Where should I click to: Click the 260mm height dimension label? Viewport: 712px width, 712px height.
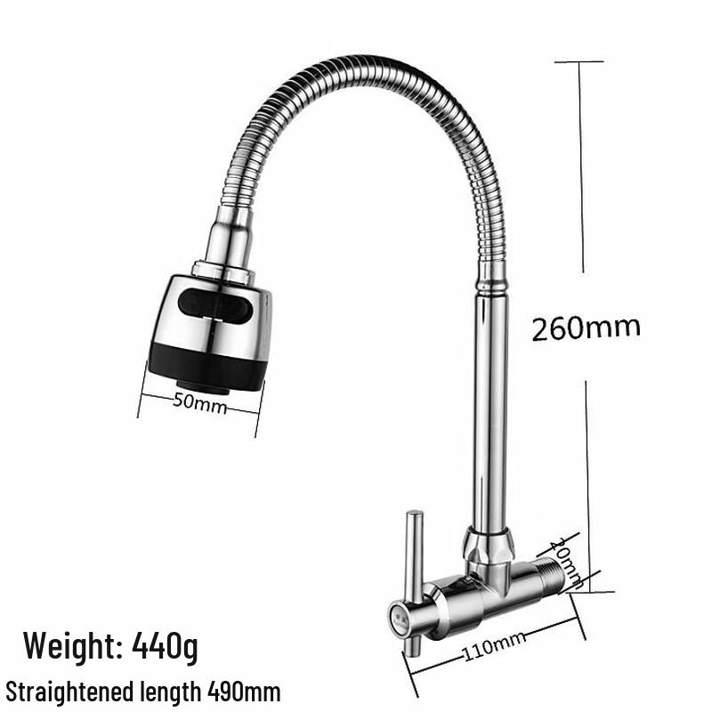click(586, 328)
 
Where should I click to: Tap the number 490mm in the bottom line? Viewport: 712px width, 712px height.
click(244, 691)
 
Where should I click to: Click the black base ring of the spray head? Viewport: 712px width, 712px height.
click(207, 365)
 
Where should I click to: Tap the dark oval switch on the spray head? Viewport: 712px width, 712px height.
click(214, 308)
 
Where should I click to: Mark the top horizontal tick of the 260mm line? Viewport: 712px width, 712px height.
click(578, 61)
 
